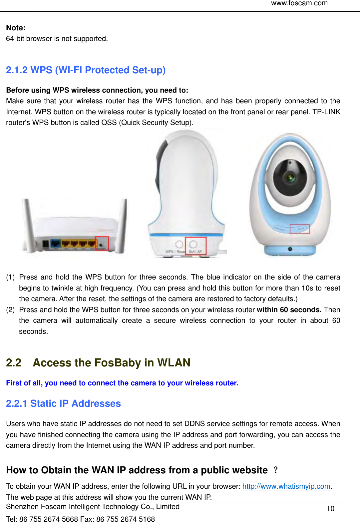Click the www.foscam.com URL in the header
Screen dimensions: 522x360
[299, 3]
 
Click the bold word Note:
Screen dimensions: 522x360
[16, 28]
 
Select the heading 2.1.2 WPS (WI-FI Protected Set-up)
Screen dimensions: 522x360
[86, 70]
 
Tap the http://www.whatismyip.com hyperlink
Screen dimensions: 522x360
[286, 486]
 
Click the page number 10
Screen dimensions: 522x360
[330, 509]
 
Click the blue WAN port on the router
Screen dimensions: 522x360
[55, 244]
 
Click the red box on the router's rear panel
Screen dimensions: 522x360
[102, 244]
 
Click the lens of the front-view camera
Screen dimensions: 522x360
[290, 177]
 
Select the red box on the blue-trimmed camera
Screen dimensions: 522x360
[300, 229]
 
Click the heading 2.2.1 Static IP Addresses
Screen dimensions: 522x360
[63, 404]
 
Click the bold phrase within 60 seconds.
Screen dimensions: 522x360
[289, 310]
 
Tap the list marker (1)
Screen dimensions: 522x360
[10, 277]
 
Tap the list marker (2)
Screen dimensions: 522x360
[10, 310]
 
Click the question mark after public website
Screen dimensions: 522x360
[275, 470]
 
